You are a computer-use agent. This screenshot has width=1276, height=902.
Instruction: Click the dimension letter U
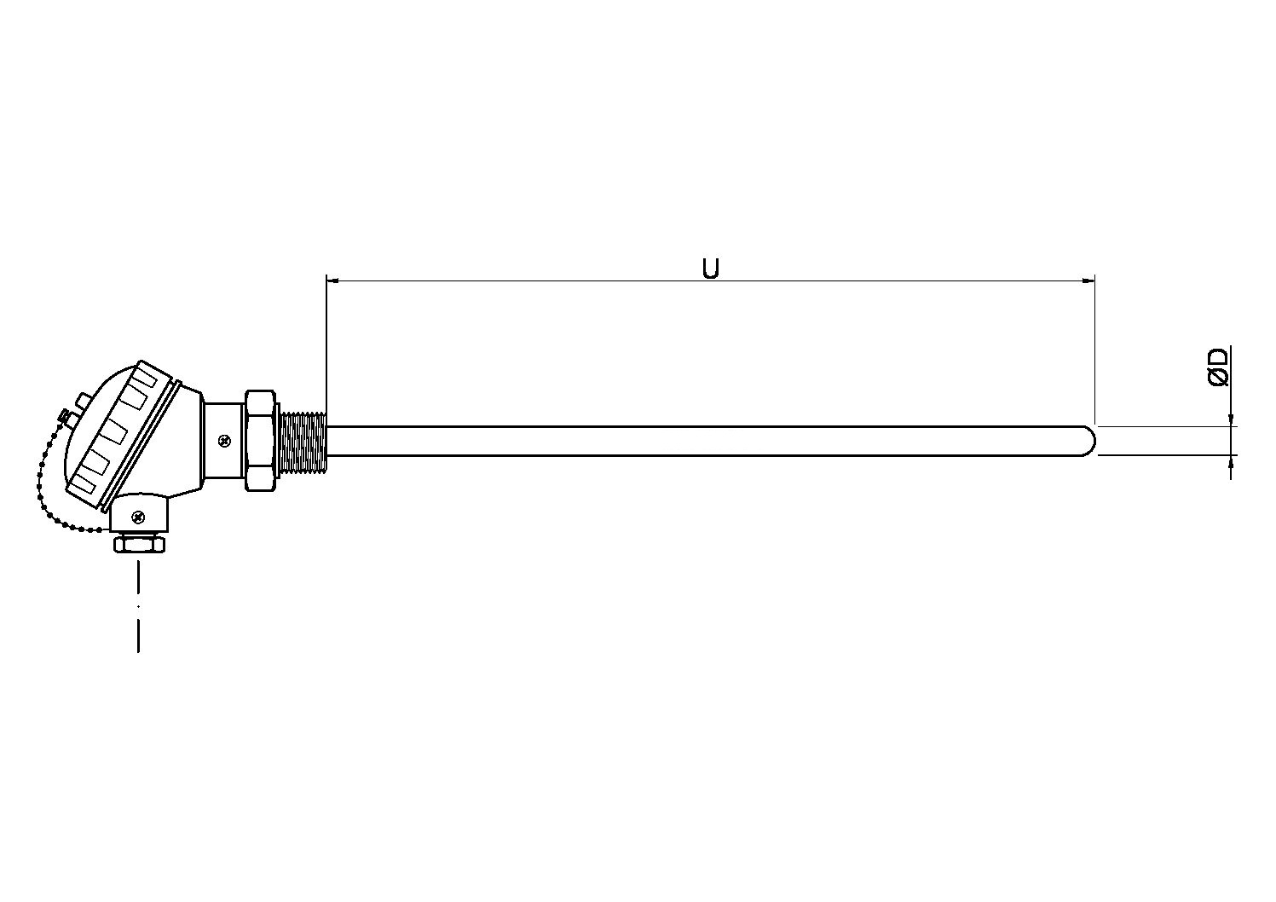tap(710, 268)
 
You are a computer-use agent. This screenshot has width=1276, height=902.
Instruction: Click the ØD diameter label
tap(1218, 367)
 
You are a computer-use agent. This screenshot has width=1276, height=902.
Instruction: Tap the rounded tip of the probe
tap(1089, 441)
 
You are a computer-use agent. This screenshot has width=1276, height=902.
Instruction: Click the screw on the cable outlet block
tap(138, 517)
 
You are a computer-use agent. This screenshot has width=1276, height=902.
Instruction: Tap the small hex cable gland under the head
tap(140, 545)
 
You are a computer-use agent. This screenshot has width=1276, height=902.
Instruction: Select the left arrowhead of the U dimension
tap(332, 280)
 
